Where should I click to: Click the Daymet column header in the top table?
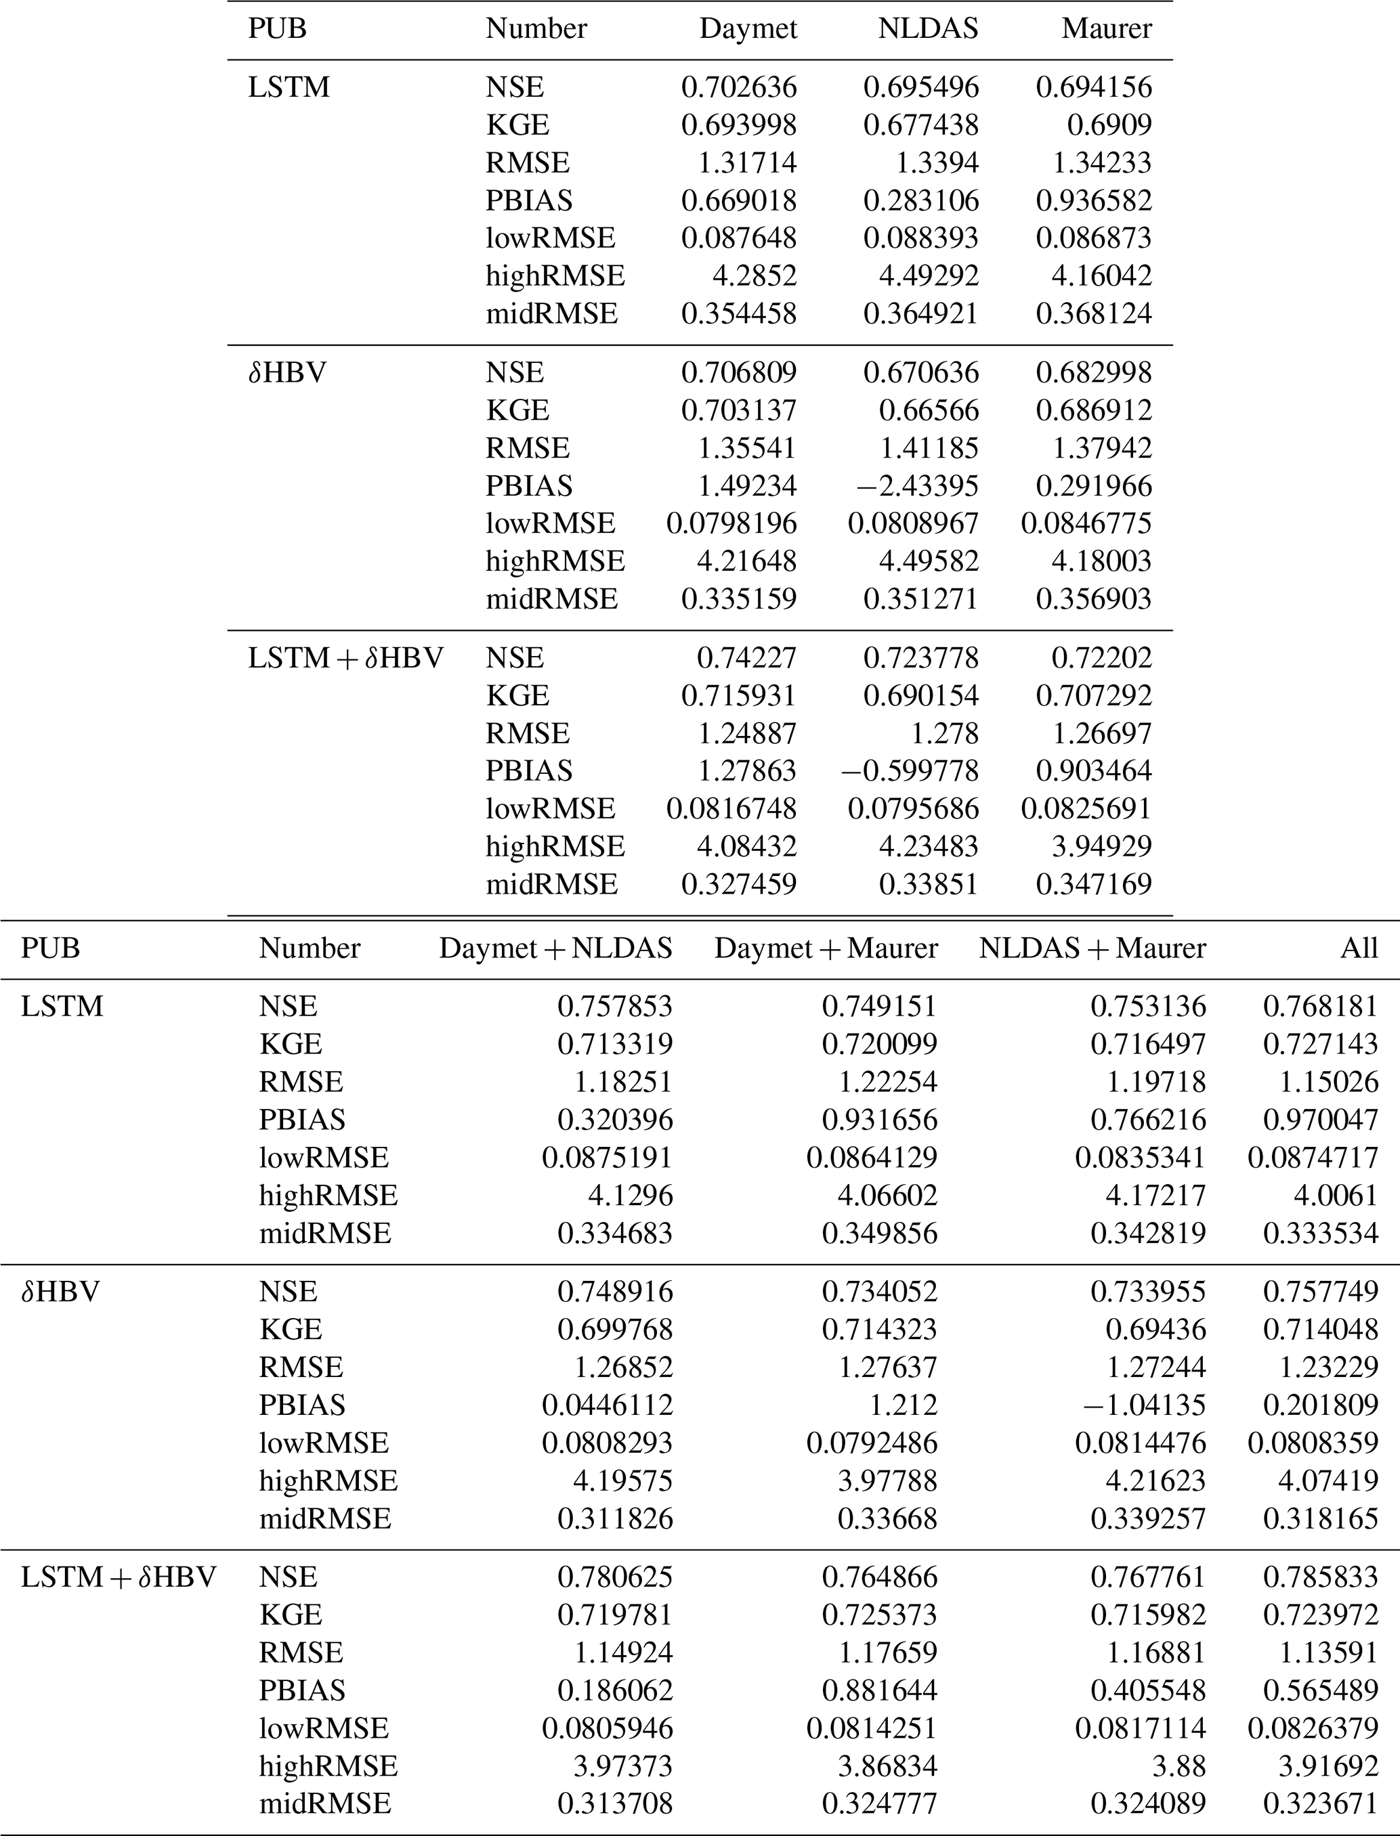click(748, 29)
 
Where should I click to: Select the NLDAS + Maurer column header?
click(1092, 948)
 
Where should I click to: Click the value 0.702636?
click(738, 87)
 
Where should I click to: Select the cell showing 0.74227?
click(746, 658)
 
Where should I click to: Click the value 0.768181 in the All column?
click(1320, 1006)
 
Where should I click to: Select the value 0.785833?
click(1320, 1577)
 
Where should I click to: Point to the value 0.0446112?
click(607, 1405)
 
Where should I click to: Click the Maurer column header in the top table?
click(1107, 29)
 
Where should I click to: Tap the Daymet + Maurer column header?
click(825, 948)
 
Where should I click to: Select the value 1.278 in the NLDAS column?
click(937, 733)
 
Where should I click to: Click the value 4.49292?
click(929, 276)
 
